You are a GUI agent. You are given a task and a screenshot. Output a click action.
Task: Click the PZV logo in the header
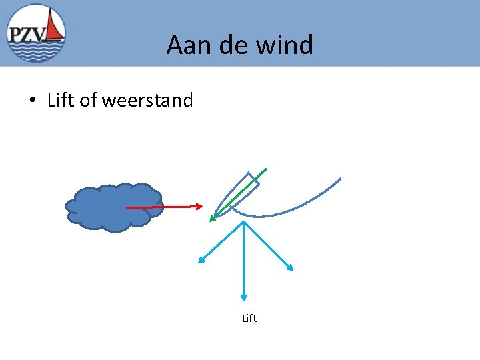pos(37,33)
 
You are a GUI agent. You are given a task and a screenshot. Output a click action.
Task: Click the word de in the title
pos(230,45)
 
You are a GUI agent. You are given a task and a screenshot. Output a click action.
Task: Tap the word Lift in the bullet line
pos(61,101)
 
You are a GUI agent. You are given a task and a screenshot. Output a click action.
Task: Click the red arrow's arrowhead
pos(199,207)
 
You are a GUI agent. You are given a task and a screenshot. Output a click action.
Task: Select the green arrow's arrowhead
pos(212,217)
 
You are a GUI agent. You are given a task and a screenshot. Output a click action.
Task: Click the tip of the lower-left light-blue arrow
pos(201,261)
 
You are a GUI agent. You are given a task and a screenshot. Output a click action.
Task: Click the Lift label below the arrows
pos(249,319)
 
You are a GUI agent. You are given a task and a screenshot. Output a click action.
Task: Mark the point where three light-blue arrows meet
pos(245,222)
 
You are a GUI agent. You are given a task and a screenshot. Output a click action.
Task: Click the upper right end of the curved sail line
pos(341,179)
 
